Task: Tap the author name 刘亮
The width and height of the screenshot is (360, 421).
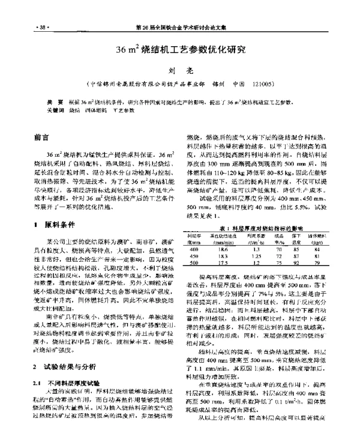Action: (x=179, y=71)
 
